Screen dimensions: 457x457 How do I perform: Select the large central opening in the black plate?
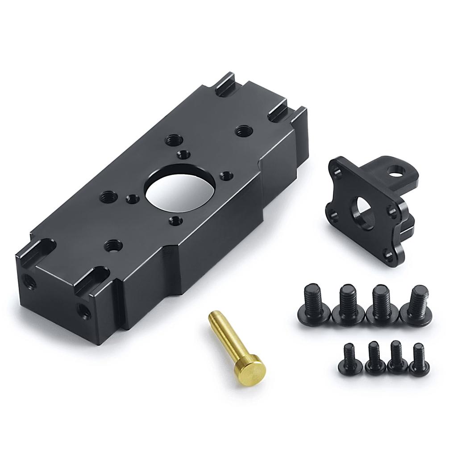tap(181, 187)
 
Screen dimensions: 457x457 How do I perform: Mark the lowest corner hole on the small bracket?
tap(389, 255)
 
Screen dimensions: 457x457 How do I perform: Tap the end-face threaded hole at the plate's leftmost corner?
tap(29, 281)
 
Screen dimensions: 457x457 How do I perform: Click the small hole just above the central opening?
tap(183, 155)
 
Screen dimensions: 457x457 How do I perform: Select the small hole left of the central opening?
tap(132, 199)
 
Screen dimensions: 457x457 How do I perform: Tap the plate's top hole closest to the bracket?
tap(243, 131)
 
